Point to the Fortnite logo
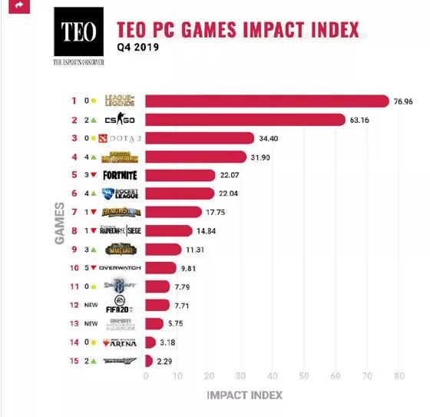click(120, 175)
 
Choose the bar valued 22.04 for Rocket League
click(180, 194)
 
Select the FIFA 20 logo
click(120, 304)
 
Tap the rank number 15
click(74, 360)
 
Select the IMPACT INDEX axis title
click(243, 395)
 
